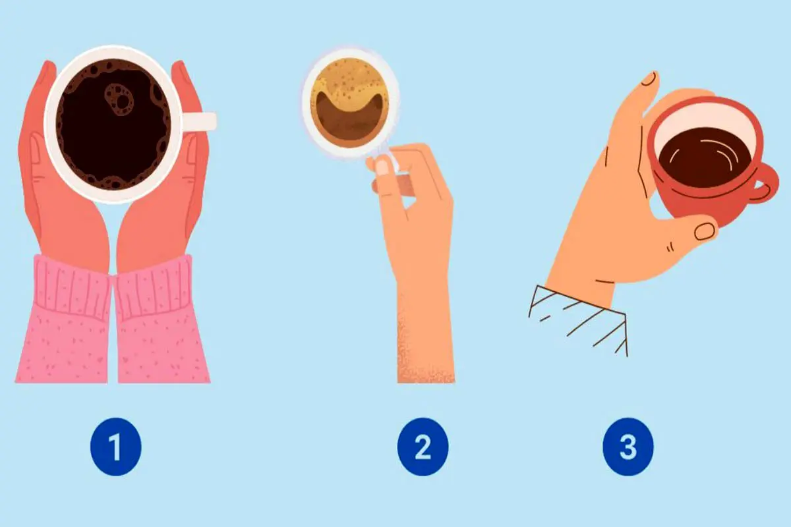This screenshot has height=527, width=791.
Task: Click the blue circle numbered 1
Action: click(116, 447)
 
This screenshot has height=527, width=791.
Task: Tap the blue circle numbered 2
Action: click(423, 447)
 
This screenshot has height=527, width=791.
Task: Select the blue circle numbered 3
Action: click(628, 447)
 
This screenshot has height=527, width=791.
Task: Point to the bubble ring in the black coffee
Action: click(119, 100)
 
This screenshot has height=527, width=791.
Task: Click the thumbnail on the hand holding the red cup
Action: click(705, 232)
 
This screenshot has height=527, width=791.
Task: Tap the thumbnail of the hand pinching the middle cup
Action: click(382, 168)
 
